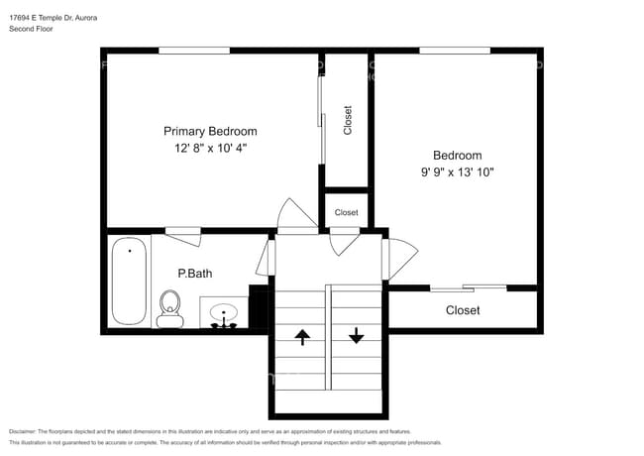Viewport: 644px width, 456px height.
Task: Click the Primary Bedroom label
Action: point(210,132)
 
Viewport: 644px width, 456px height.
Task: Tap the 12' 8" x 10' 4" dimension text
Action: point(210,148)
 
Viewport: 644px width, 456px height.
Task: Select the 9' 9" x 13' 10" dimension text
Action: point(457,171)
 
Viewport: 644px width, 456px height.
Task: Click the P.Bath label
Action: point(195,274)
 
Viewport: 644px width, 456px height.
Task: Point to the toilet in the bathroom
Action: point(170,308)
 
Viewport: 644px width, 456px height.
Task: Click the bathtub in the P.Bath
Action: point(129,281)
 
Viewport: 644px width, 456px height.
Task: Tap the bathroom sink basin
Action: point(224,312)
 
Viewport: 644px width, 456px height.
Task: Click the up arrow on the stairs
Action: point(302,337)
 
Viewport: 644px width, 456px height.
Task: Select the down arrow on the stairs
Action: point(356,335)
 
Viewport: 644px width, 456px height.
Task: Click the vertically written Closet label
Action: point(348,120)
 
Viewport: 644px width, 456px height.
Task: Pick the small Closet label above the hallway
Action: point(346,212)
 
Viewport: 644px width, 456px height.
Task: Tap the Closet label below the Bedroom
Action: point(463,310)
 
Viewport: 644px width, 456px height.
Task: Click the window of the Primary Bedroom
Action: point(194,51)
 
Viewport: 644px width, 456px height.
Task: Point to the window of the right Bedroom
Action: point(455,51)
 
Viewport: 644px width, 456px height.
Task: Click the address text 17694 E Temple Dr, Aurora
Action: point(53,18)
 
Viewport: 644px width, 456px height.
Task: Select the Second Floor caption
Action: point(31,29)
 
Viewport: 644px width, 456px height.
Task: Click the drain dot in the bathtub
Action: point(130,251)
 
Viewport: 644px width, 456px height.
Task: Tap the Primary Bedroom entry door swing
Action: point(297,213)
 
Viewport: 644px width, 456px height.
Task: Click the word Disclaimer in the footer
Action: point(23,432)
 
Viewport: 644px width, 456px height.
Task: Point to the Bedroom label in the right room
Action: point(458,156)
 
